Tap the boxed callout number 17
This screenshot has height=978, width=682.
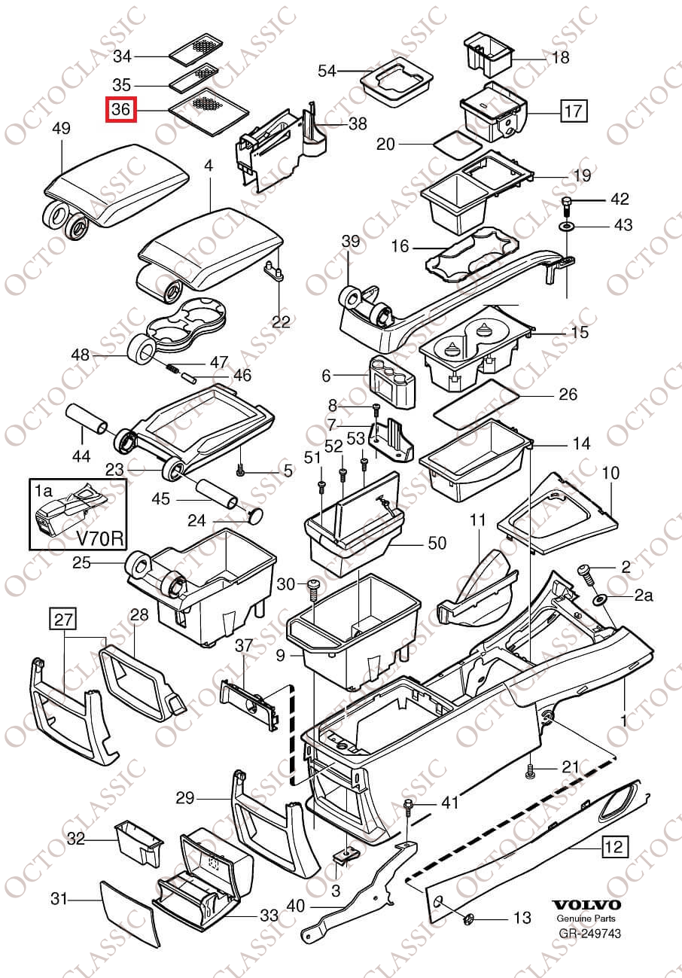pyautogui.click(x=573, y=112)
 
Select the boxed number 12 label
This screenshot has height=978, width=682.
pyautogui.click(x=614, y=847)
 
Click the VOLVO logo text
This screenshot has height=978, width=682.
pyautogui.click(x=586, y=904)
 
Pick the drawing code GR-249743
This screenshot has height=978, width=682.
pyautogui.click(x=589, y=934)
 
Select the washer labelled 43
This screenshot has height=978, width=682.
pyautogui.click(x=566, y=226)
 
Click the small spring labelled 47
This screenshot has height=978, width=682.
pyautogui.click(x=172, y=368)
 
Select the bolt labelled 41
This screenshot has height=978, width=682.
pyautogui.click(x=408, y=806)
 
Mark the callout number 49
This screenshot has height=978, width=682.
pyautogui.click(x=61, y=129)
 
